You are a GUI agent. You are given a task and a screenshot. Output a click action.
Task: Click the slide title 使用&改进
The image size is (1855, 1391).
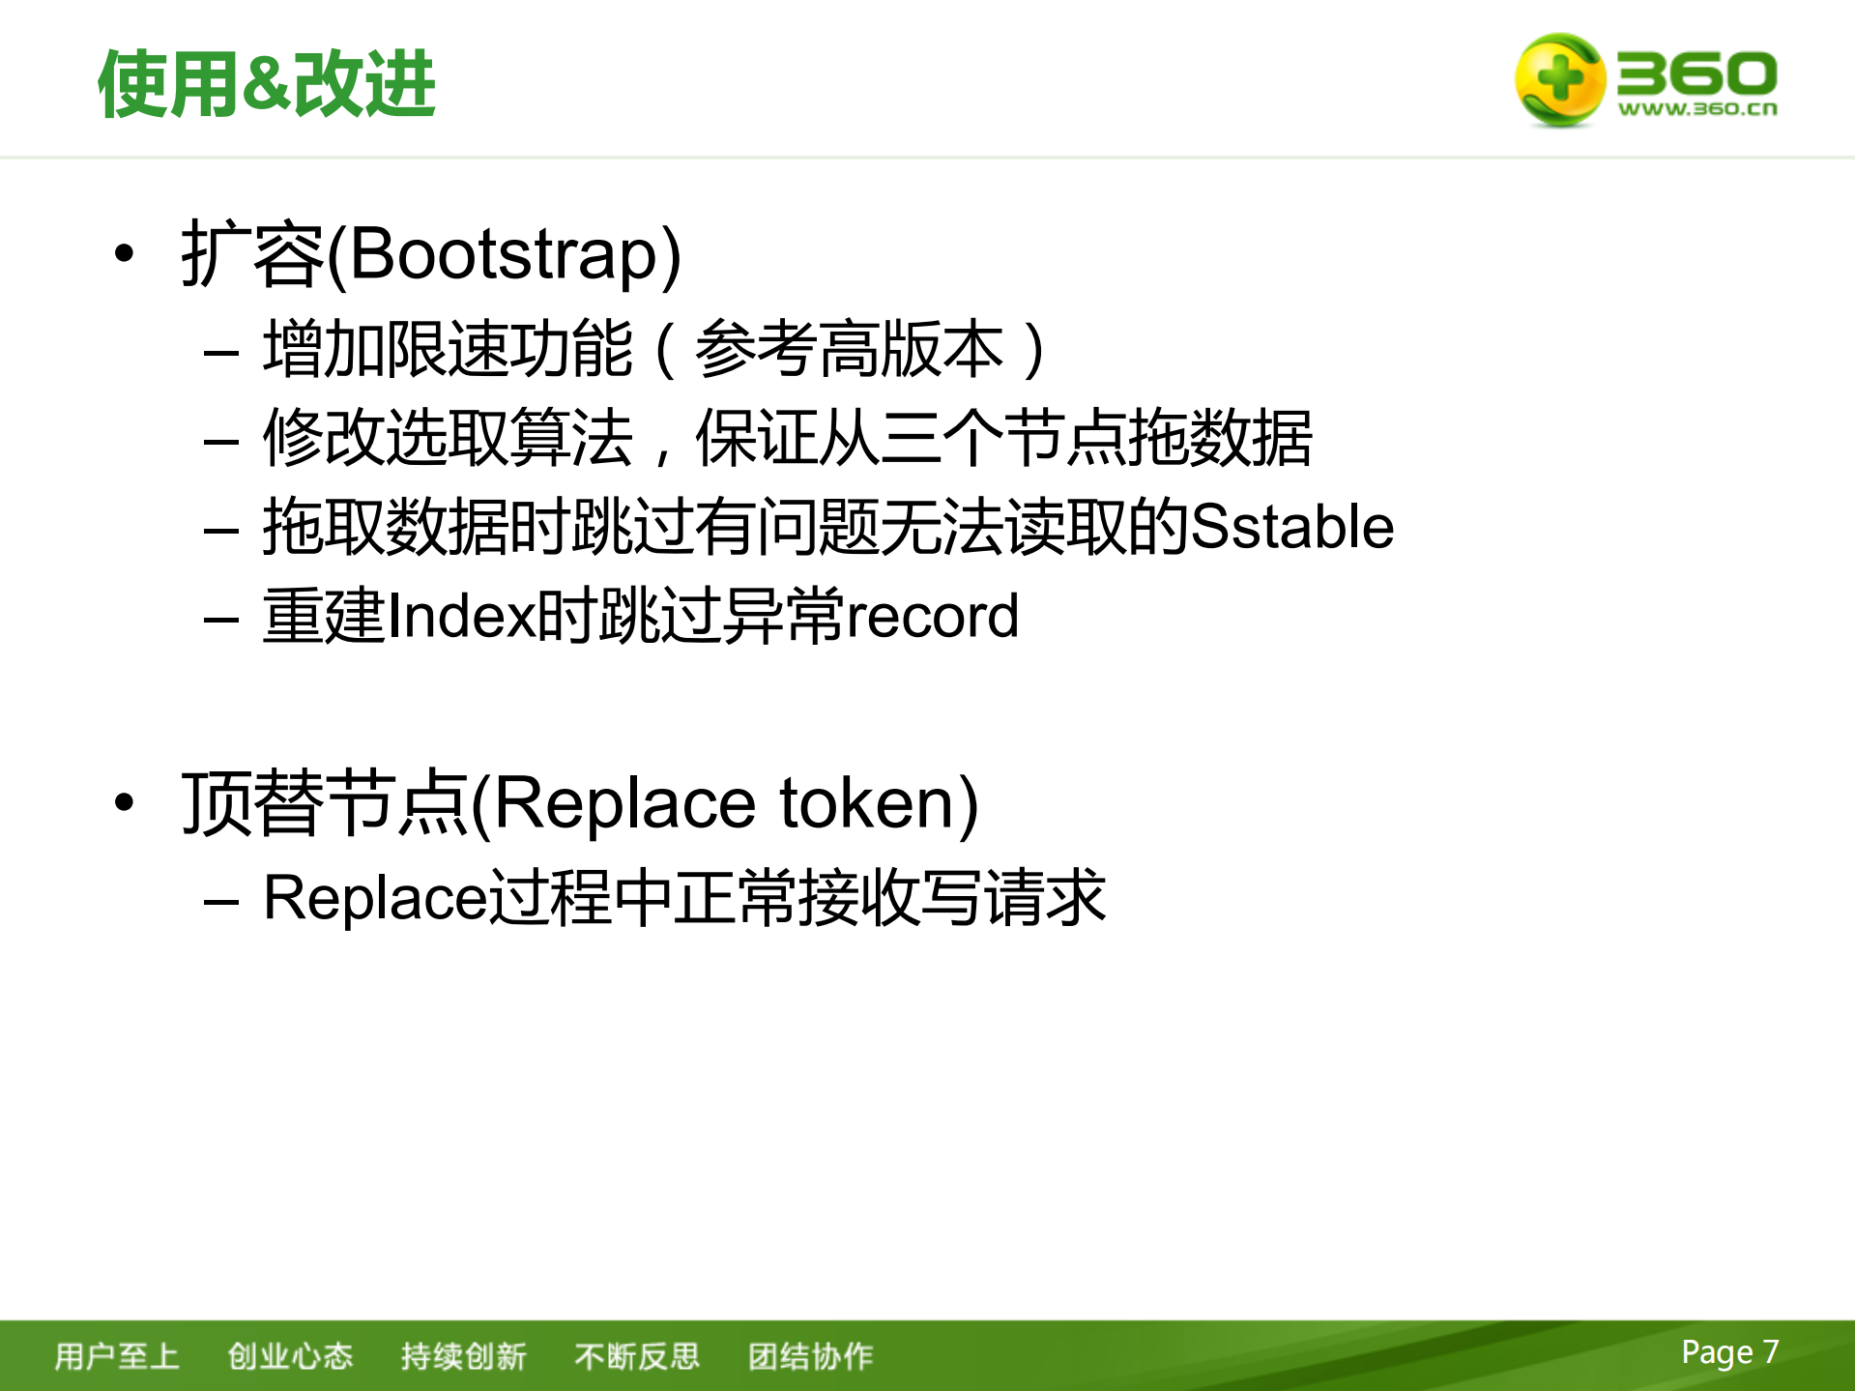click(266, 84)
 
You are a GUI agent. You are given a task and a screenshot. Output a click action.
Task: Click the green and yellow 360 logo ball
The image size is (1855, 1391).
click(1558, 80)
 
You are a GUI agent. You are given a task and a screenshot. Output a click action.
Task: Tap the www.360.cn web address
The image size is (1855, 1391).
click(1697, 109)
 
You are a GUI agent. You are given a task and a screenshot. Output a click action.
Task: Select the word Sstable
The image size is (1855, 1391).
click(1291, 527)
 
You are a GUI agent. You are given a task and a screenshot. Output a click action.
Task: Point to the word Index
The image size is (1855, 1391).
click(460, 616)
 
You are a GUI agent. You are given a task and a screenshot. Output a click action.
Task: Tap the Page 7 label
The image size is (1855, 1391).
click(1729, 1351)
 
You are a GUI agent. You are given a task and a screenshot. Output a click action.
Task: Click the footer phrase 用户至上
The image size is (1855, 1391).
click(117, 1356)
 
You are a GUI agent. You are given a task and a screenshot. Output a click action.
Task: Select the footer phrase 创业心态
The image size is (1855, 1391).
click(290, 1356)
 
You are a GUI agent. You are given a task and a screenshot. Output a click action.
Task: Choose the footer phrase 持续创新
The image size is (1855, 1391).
click(463, 1356)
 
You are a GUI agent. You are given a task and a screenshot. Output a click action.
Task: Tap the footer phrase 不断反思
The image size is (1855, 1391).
click(636, 1356)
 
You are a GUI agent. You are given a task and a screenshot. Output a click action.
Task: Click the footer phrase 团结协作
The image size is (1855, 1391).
click(810, 1356)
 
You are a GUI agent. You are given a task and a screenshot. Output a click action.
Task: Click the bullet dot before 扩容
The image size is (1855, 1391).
click(124, 254)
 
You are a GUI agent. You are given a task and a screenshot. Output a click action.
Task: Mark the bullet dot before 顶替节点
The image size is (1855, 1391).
click(124, 802)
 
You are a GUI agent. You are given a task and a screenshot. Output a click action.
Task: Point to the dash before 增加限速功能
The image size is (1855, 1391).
click(221, 352)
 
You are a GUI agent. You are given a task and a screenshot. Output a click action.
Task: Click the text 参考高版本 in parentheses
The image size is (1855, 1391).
click(849, 349)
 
